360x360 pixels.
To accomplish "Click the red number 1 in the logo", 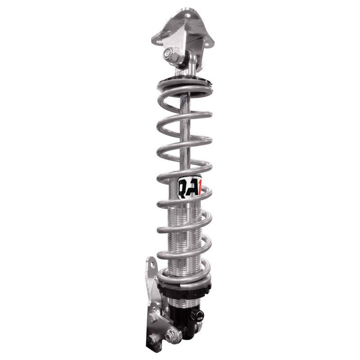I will (x=199, y=186).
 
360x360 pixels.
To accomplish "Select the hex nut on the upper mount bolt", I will (x=171, y=54).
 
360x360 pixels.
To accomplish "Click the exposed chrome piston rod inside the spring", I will (x=184, y=135).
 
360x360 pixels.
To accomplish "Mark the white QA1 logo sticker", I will (x=189, y=185).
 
